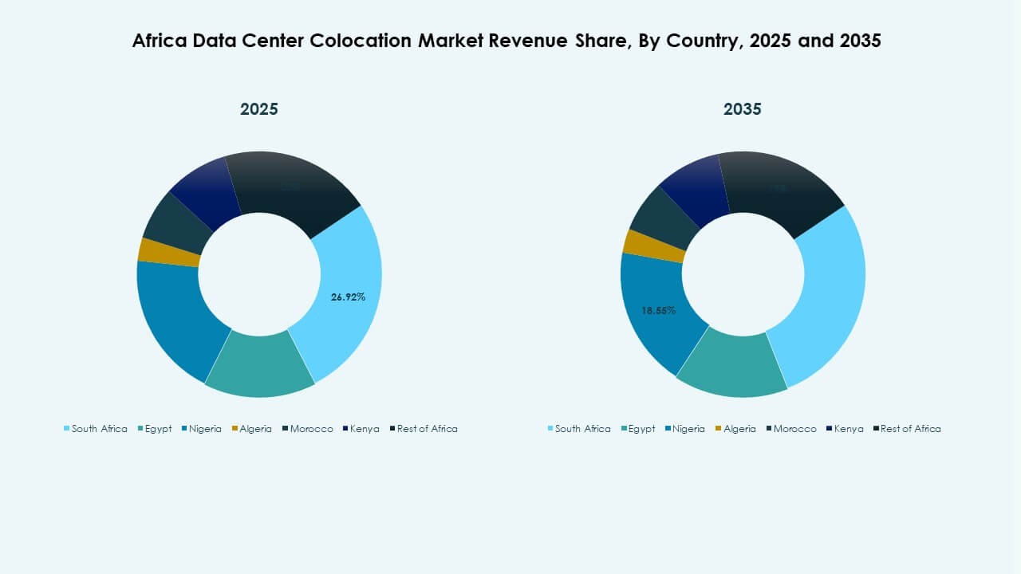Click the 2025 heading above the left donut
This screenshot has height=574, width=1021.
coord(259,109)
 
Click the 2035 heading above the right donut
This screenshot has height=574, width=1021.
coord(742,109)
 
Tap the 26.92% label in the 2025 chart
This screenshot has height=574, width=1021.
coord(348,297)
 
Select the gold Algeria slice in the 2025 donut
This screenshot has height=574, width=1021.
coord(169,251)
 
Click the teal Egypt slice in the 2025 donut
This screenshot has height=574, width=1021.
coord(260,364)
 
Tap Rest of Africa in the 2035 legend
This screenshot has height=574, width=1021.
coord(910,429)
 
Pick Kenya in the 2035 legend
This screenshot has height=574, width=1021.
coord(847,429)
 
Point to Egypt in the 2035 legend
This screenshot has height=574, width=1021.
coord(641,429)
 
